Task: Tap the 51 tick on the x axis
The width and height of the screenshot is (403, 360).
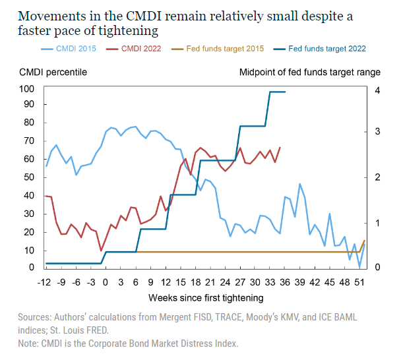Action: [x=359, y=280]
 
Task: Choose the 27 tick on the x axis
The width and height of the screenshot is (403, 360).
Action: [x=239, y=280]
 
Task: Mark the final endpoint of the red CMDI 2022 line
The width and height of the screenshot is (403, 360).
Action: [x=280, y=148]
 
